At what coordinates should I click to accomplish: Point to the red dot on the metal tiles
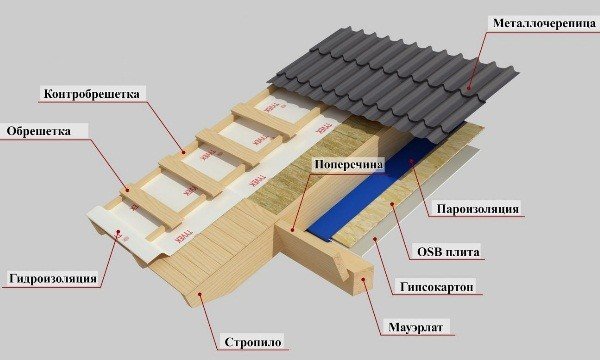[469, 90]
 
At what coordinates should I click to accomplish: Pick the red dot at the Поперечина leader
[292, 228]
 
